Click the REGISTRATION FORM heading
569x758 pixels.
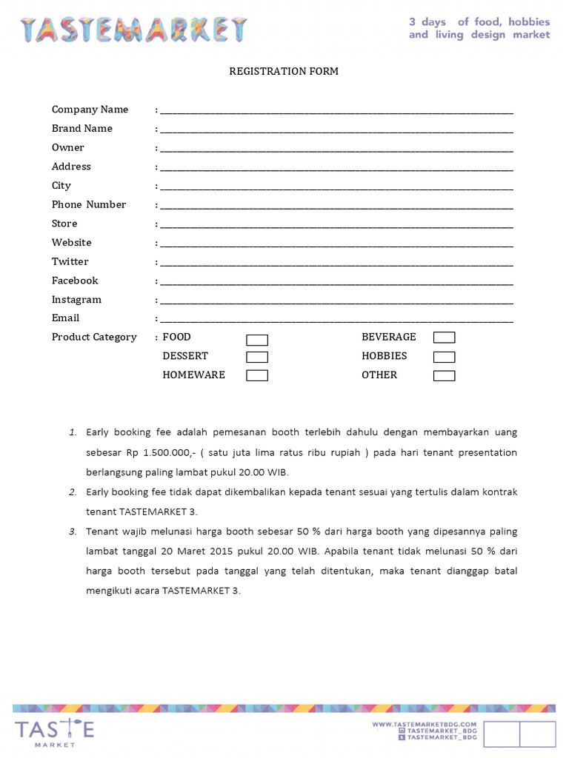(284, 72)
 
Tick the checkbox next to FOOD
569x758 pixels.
(257, 340)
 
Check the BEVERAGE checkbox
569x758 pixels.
(445, 338)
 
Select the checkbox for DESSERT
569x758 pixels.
(257, 357)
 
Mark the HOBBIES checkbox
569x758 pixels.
(445, 357)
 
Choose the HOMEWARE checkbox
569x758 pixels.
(257, 375)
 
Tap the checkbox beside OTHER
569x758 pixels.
(445, 375)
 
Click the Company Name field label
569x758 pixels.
(90, 110)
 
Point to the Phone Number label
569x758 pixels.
(89, 204)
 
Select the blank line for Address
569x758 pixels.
(336, 169)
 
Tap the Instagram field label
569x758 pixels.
(76, 300)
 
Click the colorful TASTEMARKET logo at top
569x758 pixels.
(133, 30)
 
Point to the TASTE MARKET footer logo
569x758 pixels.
(55, 729)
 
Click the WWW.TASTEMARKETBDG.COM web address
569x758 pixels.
(424, 724)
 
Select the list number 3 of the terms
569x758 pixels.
(73, 531)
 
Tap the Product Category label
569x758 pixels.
(94, 338)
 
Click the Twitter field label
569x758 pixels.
(70, 262)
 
